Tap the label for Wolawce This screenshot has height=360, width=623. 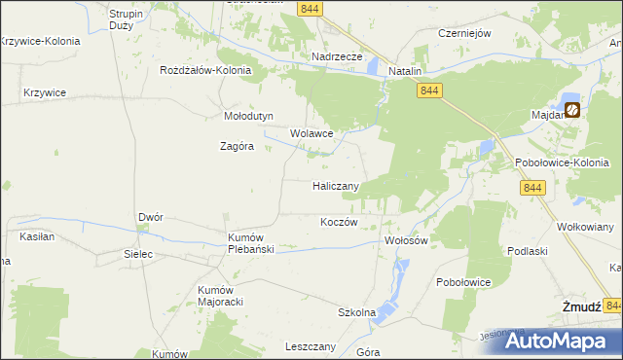[x=311, y=133]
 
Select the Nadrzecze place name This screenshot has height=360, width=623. [x=337, y=57]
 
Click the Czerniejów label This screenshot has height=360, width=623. [x=464, y=32]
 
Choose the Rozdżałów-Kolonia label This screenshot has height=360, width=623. [x=206, y=71]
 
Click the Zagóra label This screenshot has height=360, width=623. [x=237, y=147]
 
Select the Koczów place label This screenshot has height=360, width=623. [x=340, y=222]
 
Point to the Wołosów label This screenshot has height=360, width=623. [x=407, y=240]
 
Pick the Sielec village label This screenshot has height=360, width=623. [x=139, y=254]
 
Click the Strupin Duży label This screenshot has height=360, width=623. [x=126, y=20]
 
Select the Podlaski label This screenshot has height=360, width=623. [x=526, y=250]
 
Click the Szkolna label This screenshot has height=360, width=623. [x=356, y=312]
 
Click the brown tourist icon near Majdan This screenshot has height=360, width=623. [x=573, y=110]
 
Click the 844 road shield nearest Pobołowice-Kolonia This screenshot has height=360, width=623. [x=531, y=188]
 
